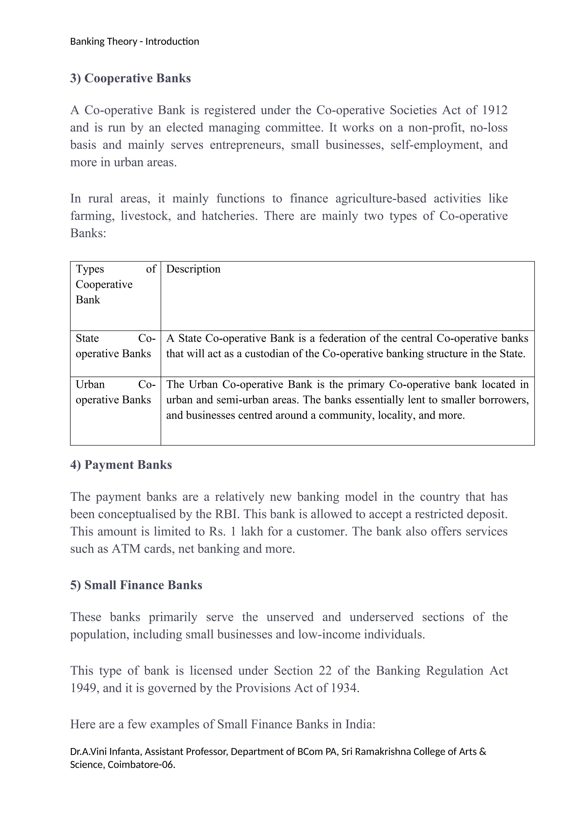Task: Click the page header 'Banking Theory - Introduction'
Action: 134,42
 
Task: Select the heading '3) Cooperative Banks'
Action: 131,78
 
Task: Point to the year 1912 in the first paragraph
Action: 494,110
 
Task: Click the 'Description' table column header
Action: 193,269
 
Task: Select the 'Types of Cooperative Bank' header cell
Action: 116,284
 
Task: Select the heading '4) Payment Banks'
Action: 121,465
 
